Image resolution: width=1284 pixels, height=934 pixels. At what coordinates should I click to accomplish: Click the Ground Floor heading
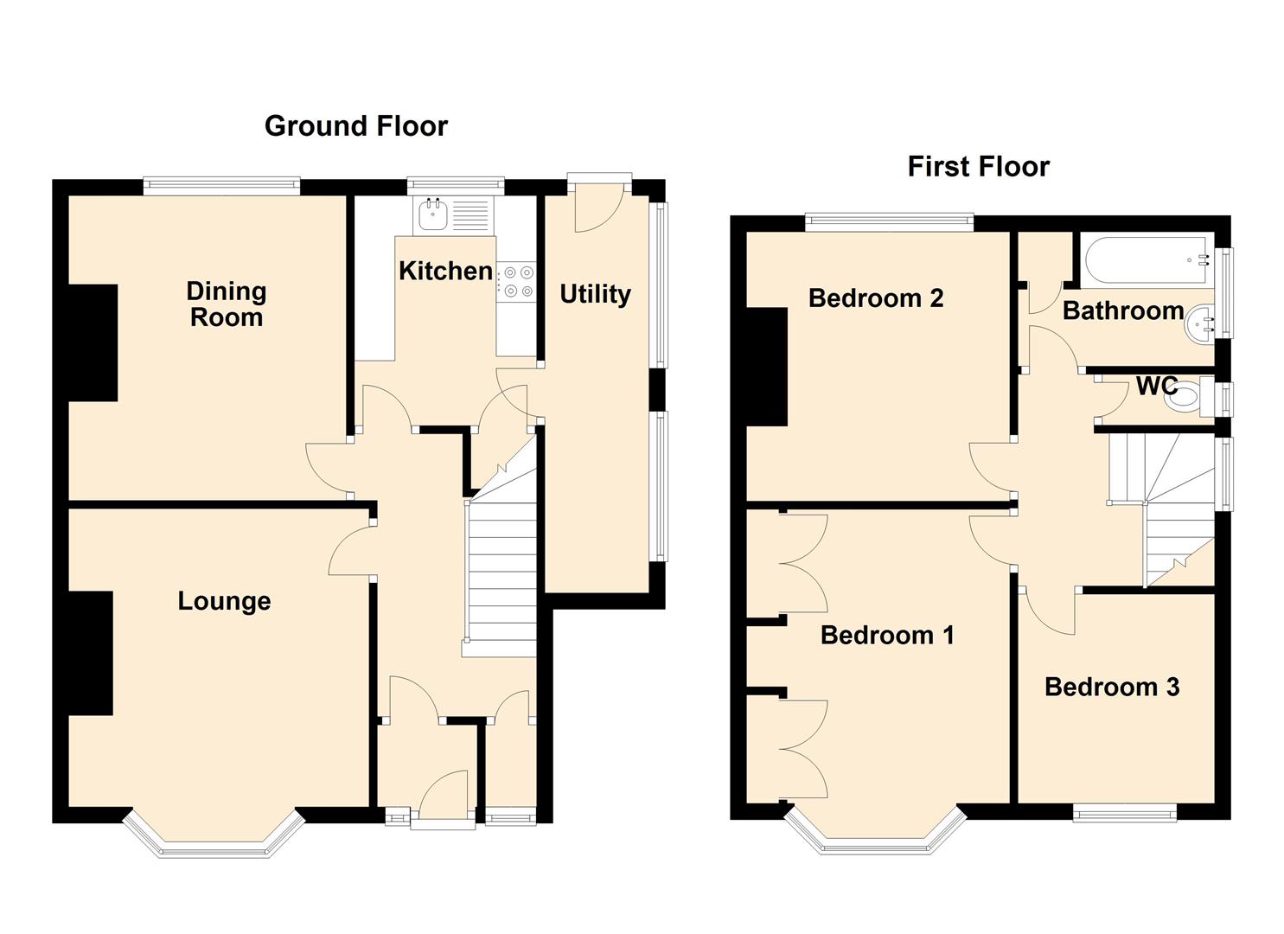[355, 126]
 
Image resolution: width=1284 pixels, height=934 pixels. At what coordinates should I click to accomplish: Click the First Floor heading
[978, 166]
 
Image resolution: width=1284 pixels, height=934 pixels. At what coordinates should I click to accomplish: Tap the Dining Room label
[227, 304]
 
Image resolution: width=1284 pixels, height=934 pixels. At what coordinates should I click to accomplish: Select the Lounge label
[224, 601]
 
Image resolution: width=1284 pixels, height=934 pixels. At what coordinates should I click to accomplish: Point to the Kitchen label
[445, 271]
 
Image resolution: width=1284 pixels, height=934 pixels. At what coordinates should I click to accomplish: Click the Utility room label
[595, 294]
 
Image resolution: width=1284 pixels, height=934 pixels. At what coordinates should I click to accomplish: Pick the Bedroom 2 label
[875, 298]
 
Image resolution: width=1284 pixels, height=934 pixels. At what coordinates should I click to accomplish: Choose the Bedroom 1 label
[886, 636]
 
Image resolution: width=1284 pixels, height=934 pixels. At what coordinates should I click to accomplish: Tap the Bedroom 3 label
[1111, 687]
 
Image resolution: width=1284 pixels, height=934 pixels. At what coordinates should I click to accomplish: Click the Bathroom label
[1122, 310]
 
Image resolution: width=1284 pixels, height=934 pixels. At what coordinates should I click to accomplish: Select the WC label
[1156, 386]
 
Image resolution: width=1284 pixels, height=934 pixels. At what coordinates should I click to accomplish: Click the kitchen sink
[432, 214]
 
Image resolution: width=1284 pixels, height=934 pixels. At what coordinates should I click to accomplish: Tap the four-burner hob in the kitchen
[515, 282]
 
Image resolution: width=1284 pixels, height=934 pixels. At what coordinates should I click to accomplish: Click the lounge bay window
[214, 843]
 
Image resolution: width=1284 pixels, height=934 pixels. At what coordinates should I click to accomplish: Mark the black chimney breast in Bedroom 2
[767, 367]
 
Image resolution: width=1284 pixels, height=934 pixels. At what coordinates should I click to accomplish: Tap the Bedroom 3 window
[1124, 811]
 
